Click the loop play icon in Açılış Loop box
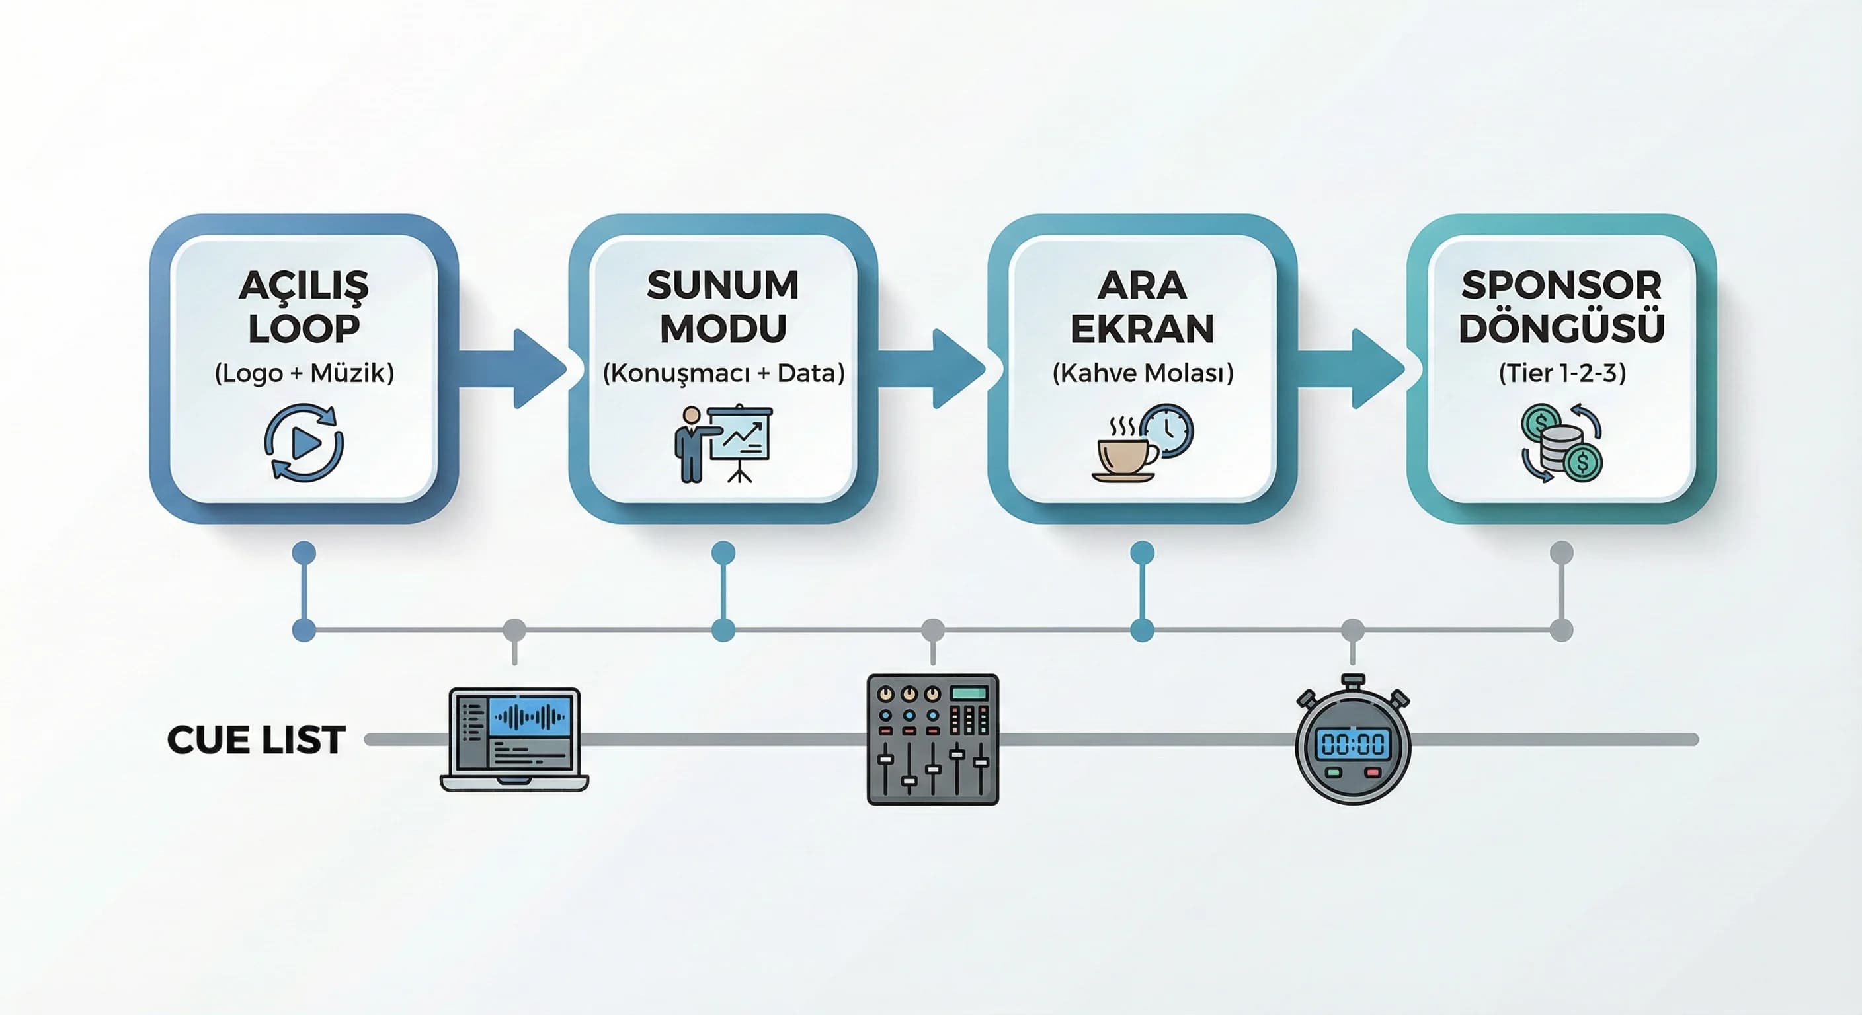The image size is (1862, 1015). [x=304, y=443]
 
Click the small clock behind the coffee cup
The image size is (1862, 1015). [x=1166, y=431]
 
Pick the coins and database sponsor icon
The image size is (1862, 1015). [x=1562, y=443]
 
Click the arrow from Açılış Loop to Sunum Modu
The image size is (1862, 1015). [x=512, y=369]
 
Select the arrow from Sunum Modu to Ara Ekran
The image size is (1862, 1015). [x=932, y=369]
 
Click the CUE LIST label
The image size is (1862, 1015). [x=256, y=739]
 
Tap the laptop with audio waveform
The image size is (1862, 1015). [x=514, y=739]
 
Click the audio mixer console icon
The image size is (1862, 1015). [x=932, y=739]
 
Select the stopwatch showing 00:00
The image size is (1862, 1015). [x=1352, y=741]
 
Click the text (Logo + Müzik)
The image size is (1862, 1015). [x=304, y=373]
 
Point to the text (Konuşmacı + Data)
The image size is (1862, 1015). [x=723, y=373]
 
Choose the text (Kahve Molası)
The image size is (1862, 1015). [x=1142, y=373]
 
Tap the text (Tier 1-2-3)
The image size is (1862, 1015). [x=1562, y=373]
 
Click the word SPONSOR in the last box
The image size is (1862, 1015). [x=1561, y=285]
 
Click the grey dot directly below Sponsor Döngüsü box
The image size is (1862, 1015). [x=1562, y=552]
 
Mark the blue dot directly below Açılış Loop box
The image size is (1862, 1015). [x=304, y=553]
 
